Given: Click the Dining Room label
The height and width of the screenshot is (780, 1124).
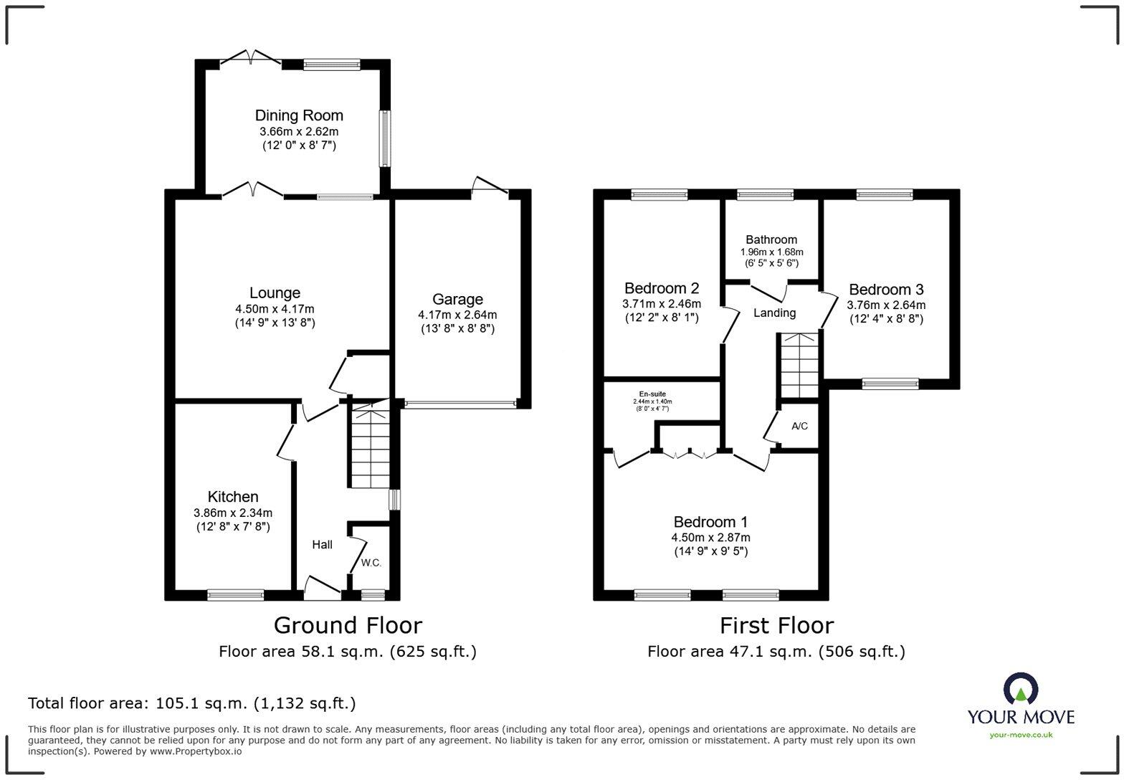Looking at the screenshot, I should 299,115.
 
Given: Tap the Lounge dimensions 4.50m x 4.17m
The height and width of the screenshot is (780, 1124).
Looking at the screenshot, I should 275,309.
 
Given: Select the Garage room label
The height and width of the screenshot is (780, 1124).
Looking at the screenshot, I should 457,299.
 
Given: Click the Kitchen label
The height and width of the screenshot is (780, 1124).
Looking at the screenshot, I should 233,497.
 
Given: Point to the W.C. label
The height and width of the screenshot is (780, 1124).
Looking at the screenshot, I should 371,563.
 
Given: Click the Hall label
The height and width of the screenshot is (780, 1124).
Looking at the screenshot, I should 322,545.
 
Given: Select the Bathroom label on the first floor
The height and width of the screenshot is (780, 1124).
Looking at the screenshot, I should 771,239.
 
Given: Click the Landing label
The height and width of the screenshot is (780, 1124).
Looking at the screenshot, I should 774,313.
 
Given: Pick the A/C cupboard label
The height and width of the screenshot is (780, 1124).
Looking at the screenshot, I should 799,426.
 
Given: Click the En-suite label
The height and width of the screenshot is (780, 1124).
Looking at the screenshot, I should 652,394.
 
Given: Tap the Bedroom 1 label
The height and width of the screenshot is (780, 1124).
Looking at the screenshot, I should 710,522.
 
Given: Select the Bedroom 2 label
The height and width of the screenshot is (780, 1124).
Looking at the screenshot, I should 661,288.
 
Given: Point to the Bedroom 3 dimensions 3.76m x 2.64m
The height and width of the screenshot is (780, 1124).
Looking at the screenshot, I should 886,305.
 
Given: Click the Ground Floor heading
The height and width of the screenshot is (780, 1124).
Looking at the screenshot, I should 348,625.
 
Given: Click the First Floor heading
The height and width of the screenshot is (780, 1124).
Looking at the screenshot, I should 776,625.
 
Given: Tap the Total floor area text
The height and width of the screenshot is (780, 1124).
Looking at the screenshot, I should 191,703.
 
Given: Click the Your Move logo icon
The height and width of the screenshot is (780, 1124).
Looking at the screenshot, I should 1020,689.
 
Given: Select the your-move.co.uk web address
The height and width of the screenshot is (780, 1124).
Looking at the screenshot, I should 1020,734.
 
